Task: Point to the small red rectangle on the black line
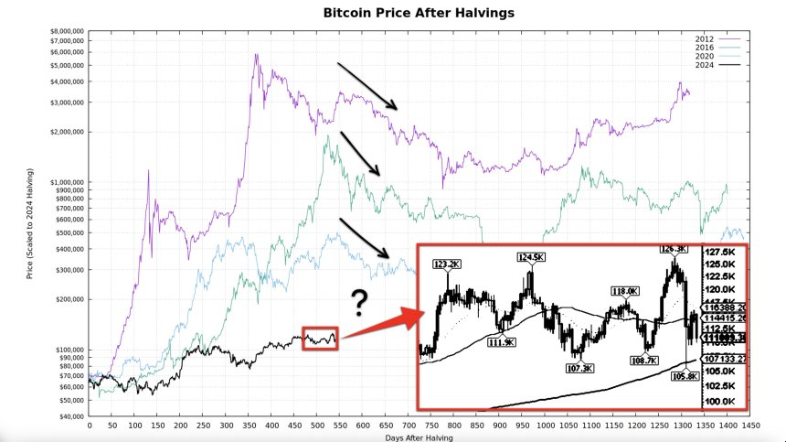[321, 338]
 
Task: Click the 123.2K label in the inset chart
[448, 264]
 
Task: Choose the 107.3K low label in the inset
[579, 369]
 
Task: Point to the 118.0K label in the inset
[623, 291]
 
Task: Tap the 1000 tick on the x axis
[546, 426]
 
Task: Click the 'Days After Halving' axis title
[419, 437]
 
